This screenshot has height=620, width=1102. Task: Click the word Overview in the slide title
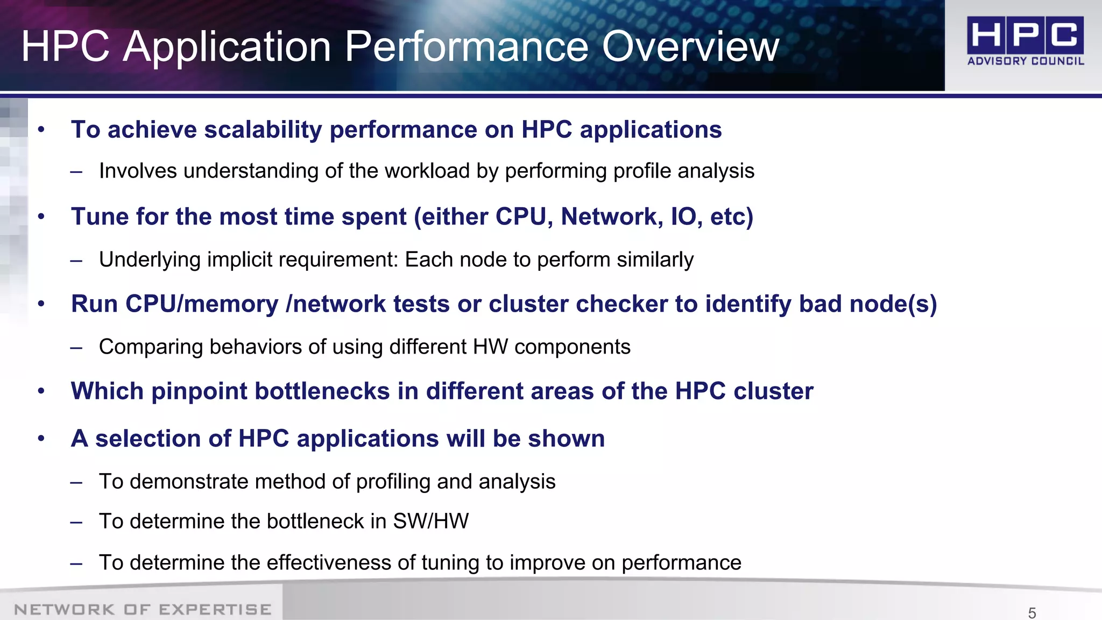coord(690,47)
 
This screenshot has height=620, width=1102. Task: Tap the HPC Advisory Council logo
coord(1025,41)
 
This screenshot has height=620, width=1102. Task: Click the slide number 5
coord(1032,612)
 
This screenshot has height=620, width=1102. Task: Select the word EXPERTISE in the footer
coord(215,609)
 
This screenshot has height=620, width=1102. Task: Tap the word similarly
coord(655,260)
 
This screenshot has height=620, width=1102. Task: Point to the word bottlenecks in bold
coord(322,391)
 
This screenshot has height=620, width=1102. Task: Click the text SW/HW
coord(430,522)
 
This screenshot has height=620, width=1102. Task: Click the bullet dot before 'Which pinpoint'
coord(41,391)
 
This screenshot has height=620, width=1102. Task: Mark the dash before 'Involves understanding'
coord(76,172)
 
